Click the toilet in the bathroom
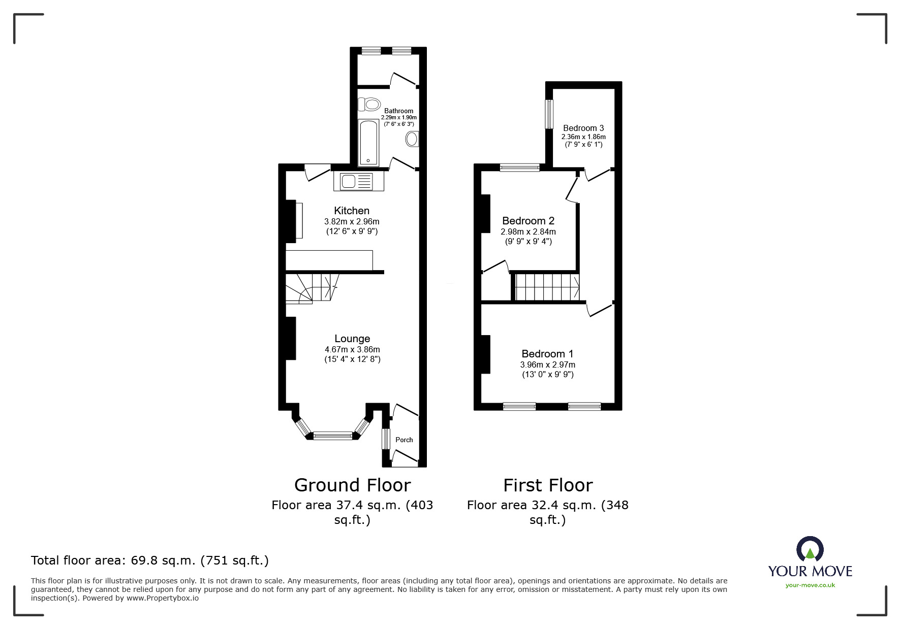[x=369, y=105]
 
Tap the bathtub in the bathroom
[x=368, y=143]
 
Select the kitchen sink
[x=353, y=181]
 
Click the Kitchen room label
[x=352, y=211]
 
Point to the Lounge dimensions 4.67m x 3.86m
[x=352, y=349]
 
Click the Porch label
[x=404, y=440]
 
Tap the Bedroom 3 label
[x=583, y=128]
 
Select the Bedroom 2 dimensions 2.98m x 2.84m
[x=528, y=231]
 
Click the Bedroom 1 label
[x=547, y=354]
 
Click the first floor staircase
[x=547, y=287]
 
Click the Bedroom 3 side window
[x=549, y=114]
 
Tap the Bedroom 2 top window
[x=519, y=168]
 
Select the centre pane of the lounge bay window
[x=333, y=435]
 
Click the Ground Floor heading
[x=352, y=485]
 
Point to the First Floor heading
[x=548, y=485]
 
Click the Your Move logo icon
[x=810, y=549]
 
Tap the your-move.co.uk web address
[x=810, y=585]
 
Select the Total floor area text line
[x=150, y=560]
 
